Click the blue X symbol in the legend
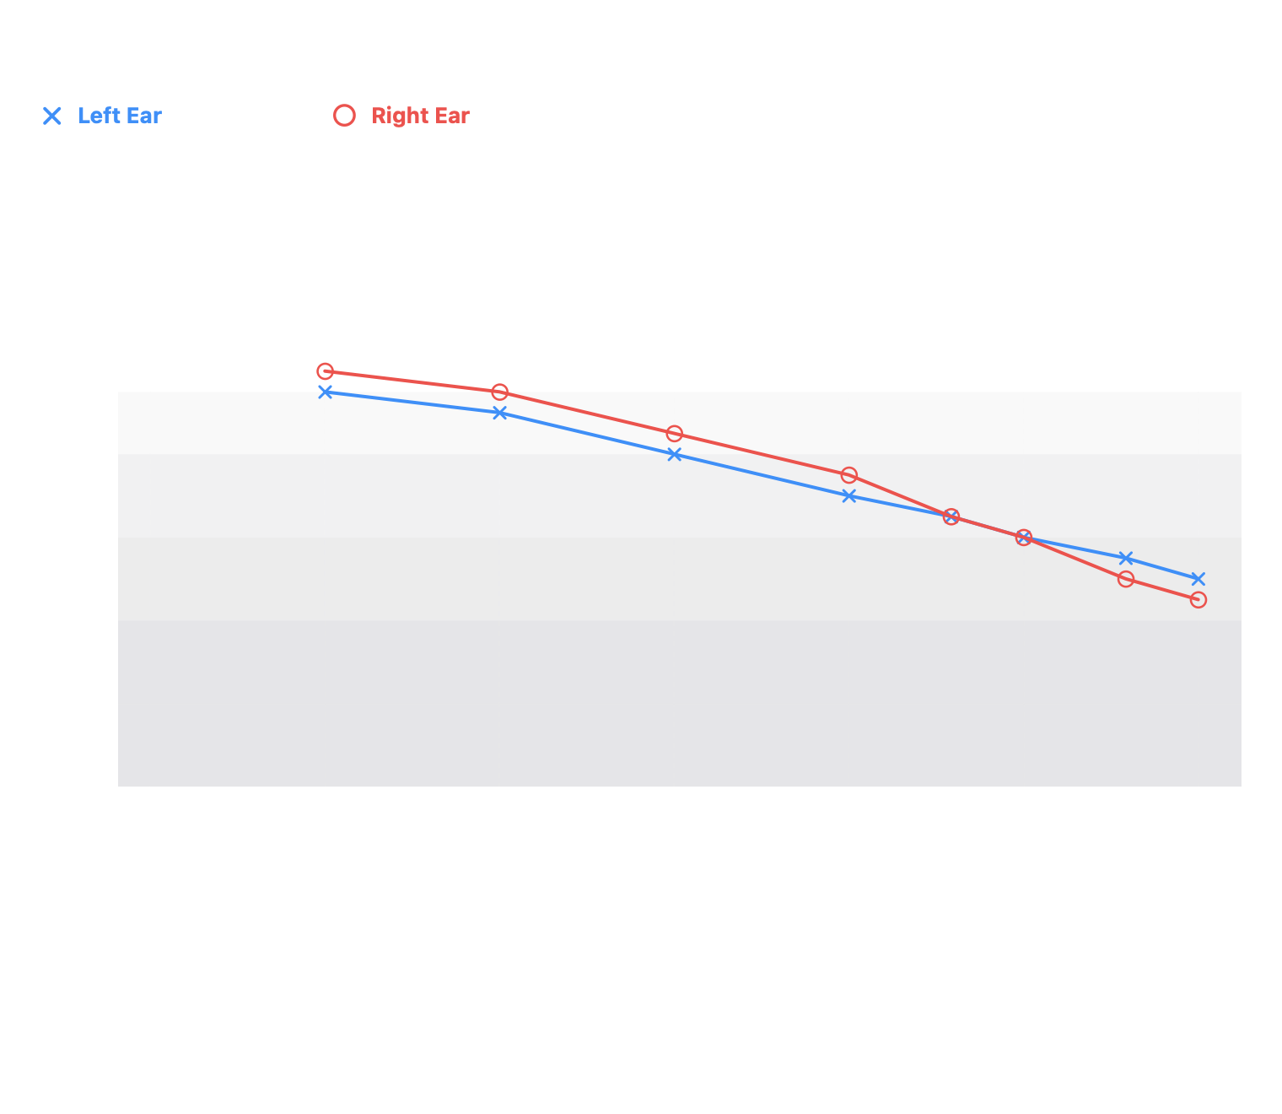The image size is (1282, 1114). coord(52,116)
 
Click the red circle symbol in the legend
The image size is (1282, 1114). coord(344,116)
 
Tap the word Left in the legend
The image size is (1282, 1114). coord(99,116)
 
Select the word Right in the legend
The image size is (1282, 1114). coord(400,116)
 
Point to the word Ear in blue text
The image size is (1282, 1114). coord(144,116)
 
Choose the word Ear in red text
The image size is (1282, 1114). coord(452,116)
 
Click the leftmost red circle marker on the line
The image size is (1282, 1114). coord(325,371)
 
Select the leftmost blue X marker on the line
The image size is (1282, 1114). coord(325,392)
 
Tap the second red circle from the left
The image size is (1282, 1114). coord(499,392)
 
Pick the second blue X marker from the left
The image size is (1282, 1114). coord(499,414)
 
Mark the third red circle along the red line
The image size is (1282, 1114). coord(674,434)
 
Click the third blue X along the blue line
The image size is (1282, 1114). coord(674,455)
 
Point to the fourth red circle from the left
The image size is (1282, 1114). coord(849,475)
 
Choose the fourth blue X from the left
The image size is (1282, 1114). coord(849,496)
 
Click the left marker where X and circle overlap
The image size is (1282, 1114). coord(951,517)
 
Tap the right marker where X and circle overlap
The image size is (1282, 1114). coord(1024,538)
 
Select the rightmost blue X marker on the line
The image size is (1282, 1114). coord(1198,579)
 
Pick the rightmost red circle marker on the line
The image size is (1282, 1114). coord(1198,600)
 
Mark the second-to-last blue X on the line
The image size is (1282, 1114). coord(1126,559)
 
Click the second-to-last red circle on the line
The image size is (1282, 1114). coord(1126,579)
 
